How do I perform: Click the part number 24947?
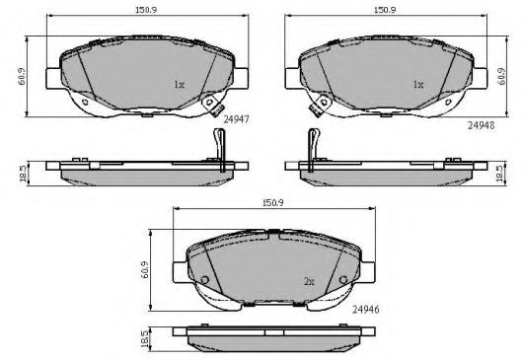click(236, 119)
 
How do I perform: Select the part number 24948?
click(481, 125)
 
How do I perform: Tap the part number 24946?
click(365, 310)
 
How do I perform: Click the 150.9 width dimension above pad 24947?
click(146, 10)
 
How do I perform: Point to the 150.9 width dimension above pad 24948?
click(385, 10)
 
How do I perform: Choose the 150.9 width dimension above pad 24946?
click(272, 202)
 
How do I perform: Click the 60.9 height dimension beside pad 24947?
click(22, 76)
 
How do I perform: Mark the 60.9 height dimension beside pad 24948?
click(501, 76)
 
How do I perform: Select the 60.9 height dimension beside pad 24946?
click(145, 270)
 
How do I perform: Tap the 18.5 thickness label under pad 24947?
click(23, 174)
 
